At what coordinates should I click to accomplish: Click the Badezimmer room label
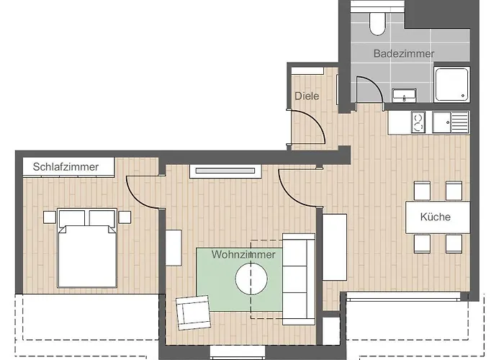(x=404, y=53)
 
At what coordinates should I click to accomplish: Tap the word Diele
(x=307, y=96)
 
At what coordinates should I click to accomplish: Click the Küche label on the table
(x=435, y=217)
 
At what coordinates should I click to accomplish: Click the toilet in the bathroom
(x=377, y=23)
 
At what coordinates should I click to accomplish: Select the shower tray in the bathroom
(x=454, y=84)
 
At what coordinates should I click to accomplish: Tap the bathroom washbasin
(x=404, y=94)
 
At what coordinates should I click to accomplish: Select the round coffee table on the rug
(x=252, y=279)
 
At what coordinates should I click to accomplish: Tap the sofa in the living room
(x=298, y=277)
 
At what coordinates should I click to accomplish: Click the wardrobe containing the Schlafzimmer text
(x=71, y=167)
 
